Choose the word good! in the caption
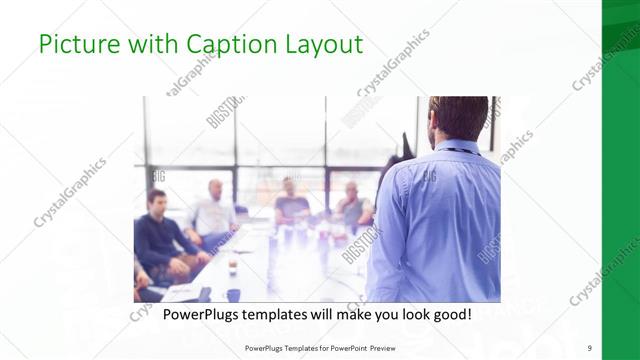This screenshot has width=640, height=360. pyautogui.click(x=449, y=315)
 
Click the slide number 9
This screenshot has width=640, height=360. pyautogui.click(x=589, y=348)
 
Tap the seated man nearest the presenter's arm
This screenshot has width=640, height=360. pyautogui.click(x=353, y=205)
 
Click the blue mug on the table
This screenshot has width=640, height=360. pyautogui.click(x=233, y=294)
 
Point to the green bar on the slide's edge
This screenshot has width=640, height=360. pyautogui.click(x=620, y=180)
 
